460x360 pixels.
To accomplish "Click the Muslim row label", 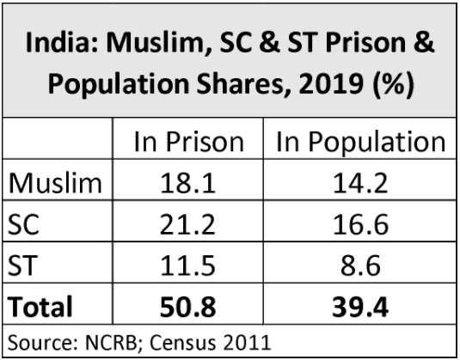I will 53,183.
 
